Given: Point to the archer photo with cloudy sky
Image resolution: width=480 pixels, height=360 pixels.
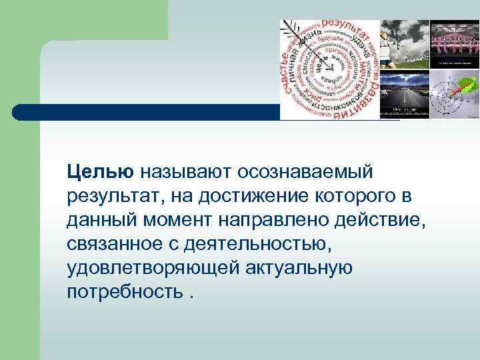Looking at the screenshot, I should click(405, 44).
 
